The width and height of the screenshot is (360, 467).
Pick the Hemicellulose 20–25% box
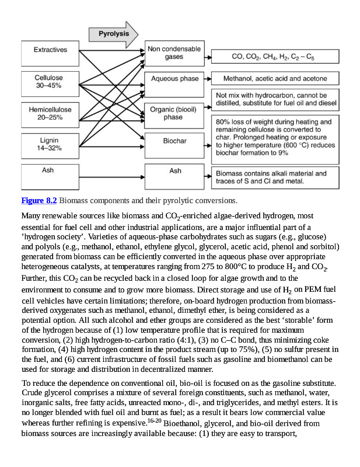(x=50, y=113)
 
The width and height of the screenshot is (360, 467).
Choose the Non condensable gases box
(x=173, y=53)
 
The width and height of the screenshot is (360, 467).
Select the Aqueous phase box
(x=174, y=78)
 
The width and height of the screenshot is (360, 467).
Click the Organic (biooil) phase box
(x=173, y=113)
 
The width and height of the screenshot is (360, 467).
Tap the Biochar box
(x=174, y=141)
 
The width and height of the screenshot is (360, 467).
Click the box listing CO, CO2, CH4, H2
(x=273, y=57)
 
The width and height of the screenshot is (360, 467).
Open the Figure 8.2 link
(x=39, y=201)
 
